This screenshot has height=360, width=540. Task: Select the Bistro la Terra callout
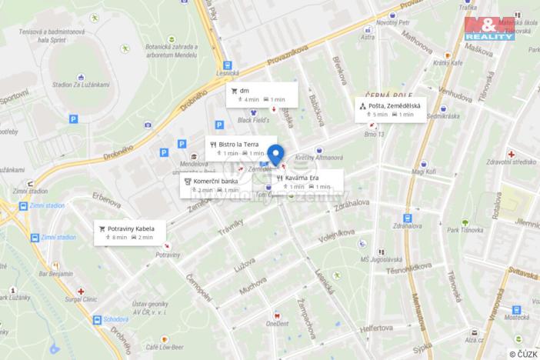click(240, 148)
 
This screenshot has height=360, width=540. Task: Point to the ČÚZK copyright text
click(522, 352)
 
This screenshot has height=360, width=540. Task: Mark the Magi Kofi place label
click(424, 172)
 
